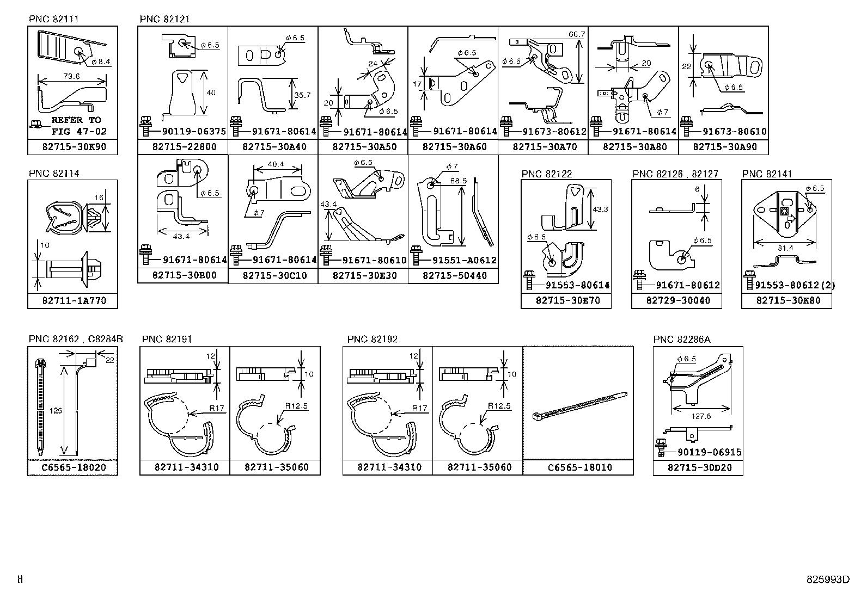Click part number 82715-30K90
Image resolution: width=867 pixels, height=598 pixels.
(x=72, y=147)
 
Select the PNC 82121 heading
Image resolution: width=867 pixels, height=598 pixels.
(x=164, y=19)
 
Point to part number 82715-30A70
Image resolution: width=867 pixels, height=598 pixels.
(x=543, y=147)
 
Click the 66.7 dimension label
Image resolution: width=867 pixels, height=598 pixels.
(x=577, y=34)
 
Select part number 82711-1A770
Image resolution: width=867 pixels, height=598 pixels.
(x=72, y=300)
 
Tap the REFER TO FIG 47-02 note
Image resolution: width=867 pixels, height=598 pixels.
(x=76, y=126)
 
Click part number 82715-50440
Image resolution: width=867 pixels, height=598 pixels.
(x=453, y=276)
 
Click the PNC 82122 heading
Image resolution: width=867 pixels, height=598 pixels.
(x=547, y=174)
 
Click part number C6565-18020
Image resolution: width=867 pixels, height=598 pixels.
(x=72, y=467)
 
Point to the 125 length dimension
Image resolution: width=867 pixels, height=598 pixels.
(x=56, y=412)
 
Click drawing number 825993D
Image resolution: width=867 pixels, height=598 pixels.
(x=828, y=579)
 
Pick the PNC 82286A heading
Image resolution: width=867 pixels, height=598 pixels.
(x=682, y=340)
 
